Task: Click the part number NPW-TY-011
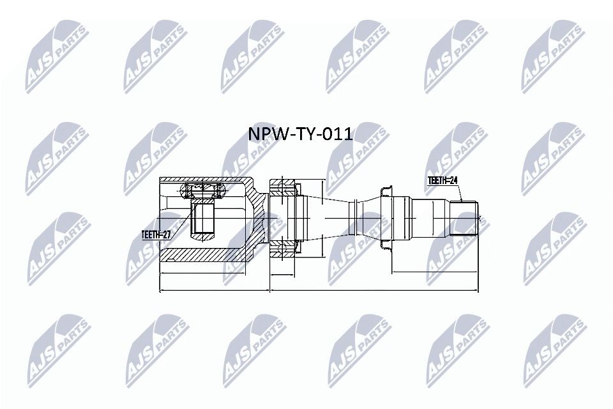tap(299, 134)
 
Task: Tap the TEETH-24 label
tap(443, 181)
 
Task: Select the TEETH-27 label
tap(156, 235)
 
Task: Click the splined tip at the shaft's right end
tap(465, 218)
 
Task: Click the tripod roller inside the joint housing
tap(202, 190)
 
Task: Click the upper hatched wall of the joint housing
tap(204, 179)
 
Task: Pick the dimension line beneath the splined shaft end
tap(434, 273)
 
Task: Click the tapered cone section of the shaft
tap(326, 218)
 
